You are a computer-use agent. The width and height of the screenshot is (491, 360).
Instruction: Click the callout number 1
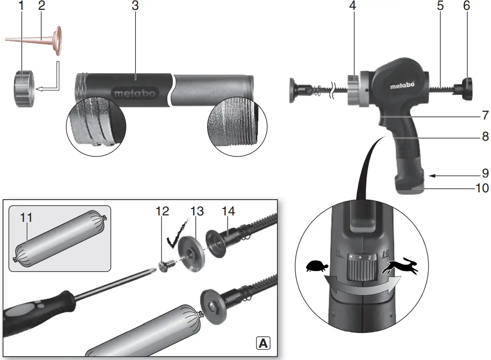coord(21,6)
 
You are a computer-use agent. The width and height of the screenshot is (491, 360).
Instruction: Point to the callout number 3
coord(135,6)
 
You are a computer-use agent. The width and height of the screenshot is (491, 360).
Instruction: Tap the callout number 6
coord(466,6)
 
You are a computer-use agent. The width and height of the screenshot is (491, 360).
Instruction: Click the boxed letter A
coord(264,343)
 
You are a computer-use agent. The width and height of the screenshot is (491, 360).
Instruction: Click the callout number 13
coord(197,211)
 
